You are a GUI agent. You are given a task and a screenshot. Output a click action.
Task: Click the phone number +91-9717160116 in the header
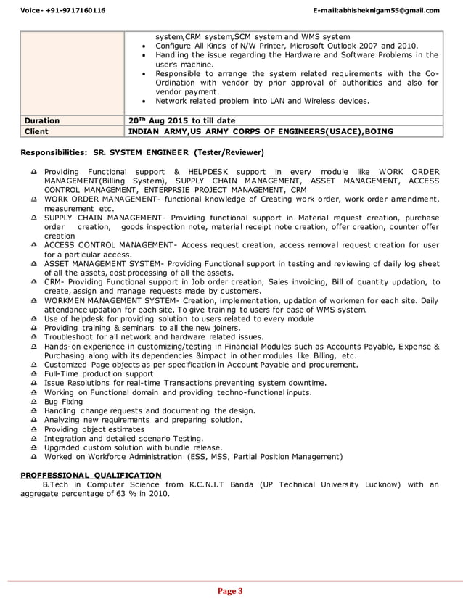tap(65, 10)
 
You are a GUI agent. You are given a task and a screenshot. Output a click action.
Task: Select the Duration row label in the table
tap(42, 121)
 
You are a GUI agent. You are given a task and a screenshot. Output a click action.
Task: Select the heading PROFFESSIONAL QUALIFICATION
tap(91, 475)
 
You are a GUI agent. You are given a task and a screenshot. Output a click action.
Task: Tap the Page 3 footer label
tap(231, 591)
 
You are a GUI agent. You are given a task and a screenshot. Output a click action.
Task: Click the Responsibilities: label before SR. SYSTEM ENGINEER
tap(49, 152)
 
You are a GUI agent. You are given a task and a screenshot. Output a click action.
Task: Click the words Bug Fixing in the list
tap(63, 401)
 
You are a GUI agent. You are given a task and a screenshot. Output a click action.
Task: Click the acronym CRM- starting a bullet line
tap(55, 281)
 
